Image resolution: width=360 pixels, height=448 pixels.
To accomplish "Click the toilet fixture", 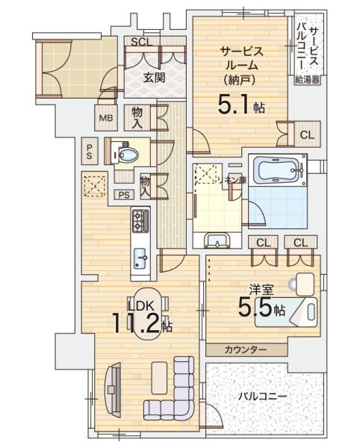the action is click(x=125, y=155).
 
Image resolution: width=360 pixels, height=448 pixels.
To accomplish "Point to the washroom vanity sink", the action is click(x=217, y=240).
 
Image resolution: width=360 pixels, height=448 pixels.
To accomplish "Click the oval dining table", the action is click(x=148, y=313).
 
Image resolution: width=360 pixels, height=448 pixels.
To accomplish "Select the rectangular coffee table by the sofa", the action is click(x=159, y=378).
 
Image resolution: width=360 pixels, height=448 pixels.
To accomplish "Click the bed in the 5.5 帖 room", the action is click(x=286, y=312).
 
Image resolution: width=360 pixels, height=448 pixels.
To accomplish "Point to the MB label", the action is click(x=106, y=118).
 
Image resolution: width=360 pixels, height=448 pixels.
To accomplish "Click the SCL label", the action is click(x=141, y=42).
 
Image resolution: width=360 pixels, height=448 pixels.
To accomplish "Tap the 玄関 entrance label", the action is click(x=155, y=77).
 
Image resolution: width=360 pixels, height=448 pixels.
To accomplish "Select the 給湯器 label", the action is click(x=307, y=80).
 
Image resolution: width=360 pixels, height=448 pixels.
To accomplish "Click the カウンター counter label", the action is click(x=246, y=349).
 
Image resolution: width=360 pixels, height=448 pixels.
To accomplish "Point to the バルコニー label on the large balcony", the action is click(x=263, y=396).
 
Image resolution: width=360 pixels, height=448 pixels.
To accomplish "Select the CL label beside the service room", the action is click(x=307, y=135).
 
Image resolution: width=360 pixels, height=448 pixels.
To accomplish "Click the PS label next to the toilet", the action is click(x=90, y=152).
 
